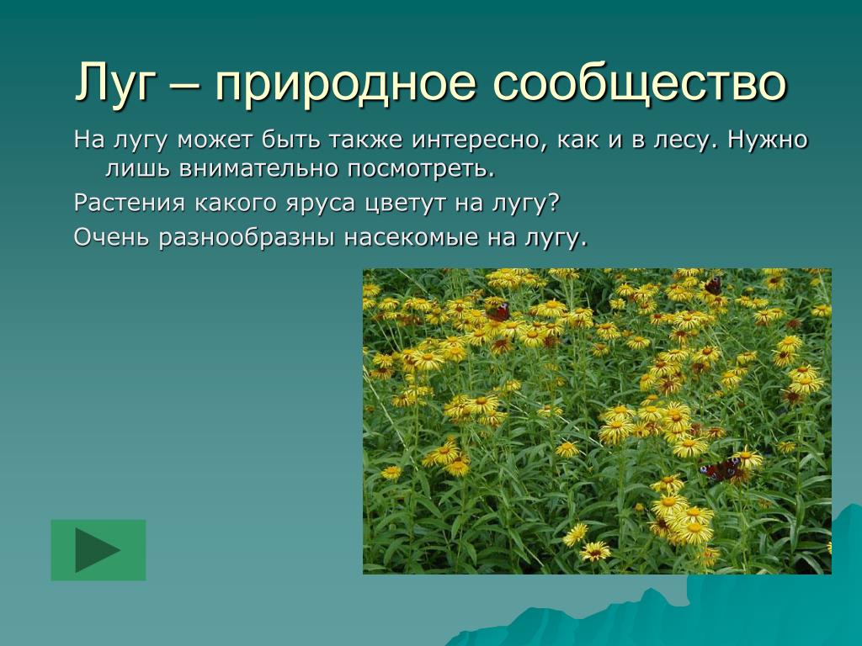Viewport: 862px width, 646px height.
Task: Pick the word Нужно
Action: click(768, 140)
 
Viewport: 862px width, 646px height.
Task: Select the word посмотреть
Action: click(421, 169)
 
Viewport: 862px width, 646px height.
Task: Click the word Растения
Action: click(130, 204)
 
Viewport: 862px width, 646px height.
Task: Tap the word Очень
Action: click(112, 237)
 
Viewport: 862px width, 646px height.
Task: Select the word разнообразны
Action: click(247, 237)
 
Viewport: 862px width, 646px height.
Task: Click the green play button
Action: click(98, 550)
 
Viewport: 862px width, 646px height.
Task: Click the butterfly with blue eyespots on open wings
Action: click(721, 469)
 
